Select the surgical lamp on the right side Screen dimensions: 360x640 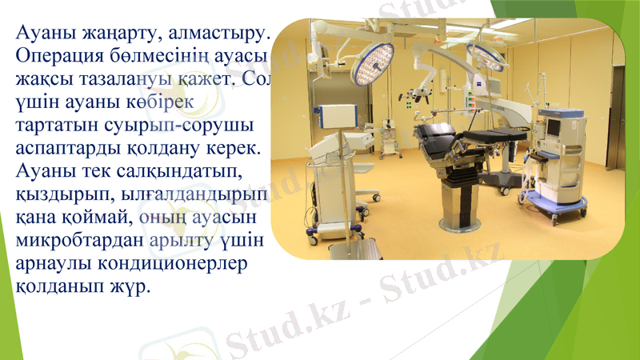[x=485, y=56]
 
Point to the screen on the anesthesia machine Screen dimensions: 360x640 [x=554, y=126]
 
